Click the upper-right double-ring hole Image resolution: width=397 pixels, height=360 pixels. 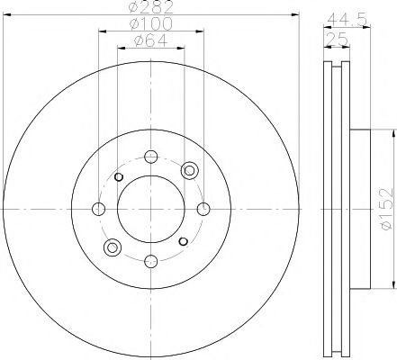click(x=188, y=170)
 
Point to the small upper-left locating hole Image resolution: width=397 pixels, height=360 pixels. click(x=117, y=175)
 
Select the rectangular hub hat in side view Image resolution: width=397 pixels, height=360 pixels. click(x=357, y=208)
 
